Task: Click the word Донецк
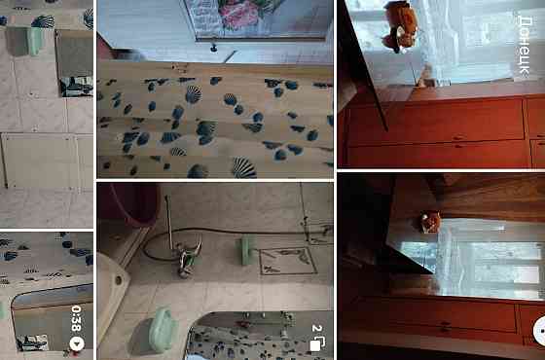[525, 47]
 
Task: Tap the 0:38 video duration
[76, 318]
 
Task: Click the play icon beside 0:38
[77, 343]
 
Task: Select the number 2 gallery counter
[316, 328]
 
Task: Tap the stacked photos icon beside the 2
[318, 343]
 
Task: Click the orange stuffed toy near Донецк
[400, 26]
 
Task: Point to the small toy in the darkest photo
[430, 222]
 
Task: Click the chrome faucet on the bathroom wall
[188, 260]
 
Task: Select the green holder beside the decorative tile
[245, 250]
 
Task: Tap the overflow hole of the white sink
[118, 280]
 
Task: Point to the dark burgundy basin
[135, 203]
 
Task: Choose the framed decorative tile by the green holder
[287, 261]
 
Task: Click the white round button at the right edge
[539, 331]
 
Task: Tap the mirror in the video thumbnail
[53, 317]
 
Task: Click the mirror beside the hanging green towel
[74, 63]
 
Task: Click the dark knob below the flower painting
[214, 48]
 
